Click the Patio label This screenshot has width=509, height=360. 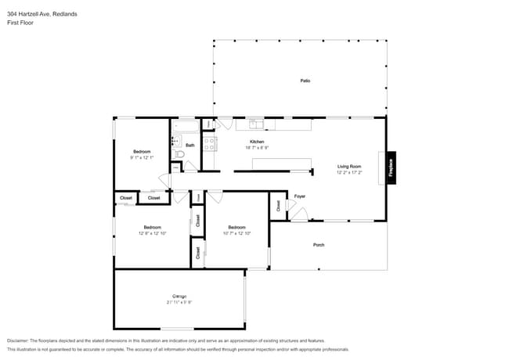tap(305, 81)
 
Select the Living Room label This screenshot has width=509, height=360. tap(348, 166)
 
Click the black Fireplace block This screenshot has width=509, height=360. tap(392, 167)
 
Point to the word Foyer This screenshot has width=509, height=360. tap(299, 196)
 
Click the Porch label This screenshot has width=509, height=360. tap(319, 245)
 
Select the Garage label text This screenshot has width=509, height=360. tap(179, 296)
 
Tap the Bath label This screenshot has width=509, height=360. tap(190, 145)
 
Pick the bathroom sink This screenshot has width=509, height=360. tap(175, 142)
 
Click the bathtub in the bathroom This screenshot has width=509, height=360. tap(186, 126)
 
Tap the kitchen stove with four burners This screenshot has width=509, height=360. tap(209, 143)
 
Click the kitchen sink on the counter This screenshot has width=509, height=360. tap(256, 124)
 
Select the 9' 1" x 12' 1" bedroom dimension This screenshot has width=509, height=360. tap(142, 157)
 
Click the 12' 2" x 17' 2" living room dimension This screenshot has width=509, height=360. tap(348, 172)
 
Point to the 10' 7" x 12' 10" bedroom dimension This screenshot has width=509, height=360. tap(236, 233)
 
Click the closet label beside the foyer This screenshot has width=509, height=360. tap(278, 206)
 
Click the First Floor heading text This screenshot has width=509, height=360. tap(21, 22)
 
